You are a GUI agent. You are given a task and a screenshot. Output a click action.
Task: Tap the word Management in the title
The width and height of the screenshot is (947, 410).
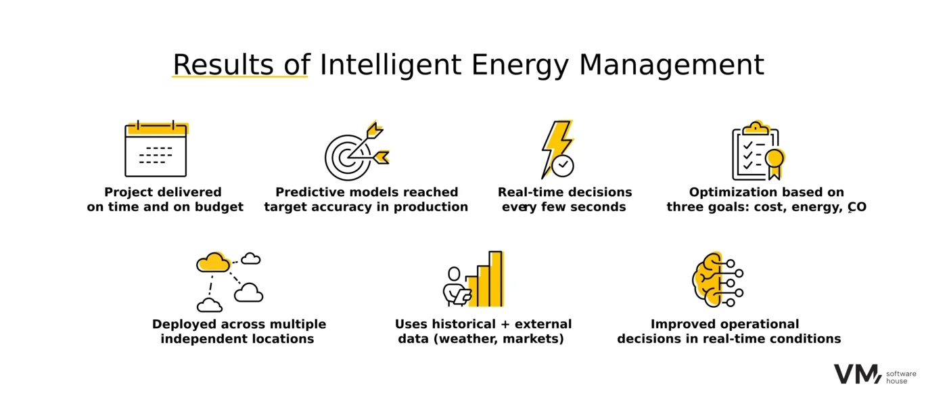pyautogui.click(x=671, y=65)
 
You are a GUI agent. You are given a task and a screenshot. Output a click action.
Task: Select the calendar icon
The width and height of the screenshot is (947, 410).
pyautogui.click(x=156, y=148)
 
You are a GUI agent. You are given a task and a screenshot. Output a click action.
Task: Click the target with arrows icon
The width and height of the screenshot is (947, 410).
pyautogui.click(x=357, y=151)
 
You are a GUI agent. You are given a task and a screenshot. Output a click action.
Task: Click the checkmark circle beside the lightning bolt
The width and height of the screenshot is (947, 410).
pyautogui.click(x=563, y=166)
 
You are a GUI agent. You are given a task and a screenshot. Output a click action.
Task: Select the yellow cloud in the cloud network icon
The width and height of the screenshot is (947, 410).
pyautogui.click(x=214, y=262)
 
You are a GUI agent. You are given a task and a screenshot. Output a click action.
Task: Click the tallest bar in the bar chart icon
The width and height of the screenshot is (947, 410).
pyautogui.click(x=496, y=279)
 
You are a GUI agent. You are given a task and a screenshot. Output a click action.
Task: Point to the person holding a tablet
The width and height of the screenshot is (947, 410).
pyautogui.click(x=456, y=287)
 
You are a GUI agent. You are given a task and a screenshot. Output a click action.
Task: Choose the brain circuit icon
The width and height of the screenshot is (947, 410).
pyautogui.click(x=718, y=279)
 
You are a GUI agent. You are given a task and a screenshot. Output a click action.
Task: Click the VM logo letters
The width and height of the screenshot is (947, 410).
pyautogui.click(x=858, y=374)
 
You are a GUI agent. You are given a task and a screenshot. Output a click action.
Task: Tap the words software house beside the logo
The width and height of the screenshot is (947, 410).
pyautogui.click(x=901, y=378)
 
